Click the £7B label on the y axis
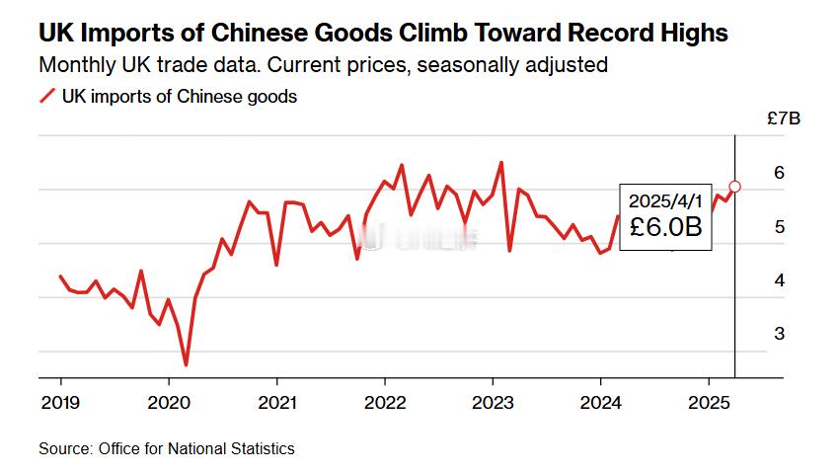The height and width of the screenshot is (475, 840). (x=783, y=119)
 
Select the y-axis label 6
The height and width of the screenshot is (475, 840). (x=779, y=173)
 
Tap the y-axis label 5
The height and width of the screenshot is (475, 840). (x=779, y=227)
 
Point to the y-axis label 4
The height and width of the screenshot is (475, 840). (x=779, y=280)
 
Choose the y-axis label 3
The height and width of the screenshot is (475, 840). (x=779, y=334)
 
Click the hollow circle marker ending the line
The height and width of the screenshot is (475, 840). (x=735, y=186)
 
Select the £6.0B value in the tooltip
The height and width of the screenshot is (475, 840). (x=665, y=228)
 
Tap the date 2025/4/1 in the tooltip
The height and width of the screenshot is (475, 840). (x=664, y=200)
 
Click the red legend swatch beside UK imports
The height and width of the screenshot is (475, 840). (x=46, y=97)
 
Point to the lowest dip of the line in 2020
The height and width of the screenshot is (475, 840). (x=186, y=365)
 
